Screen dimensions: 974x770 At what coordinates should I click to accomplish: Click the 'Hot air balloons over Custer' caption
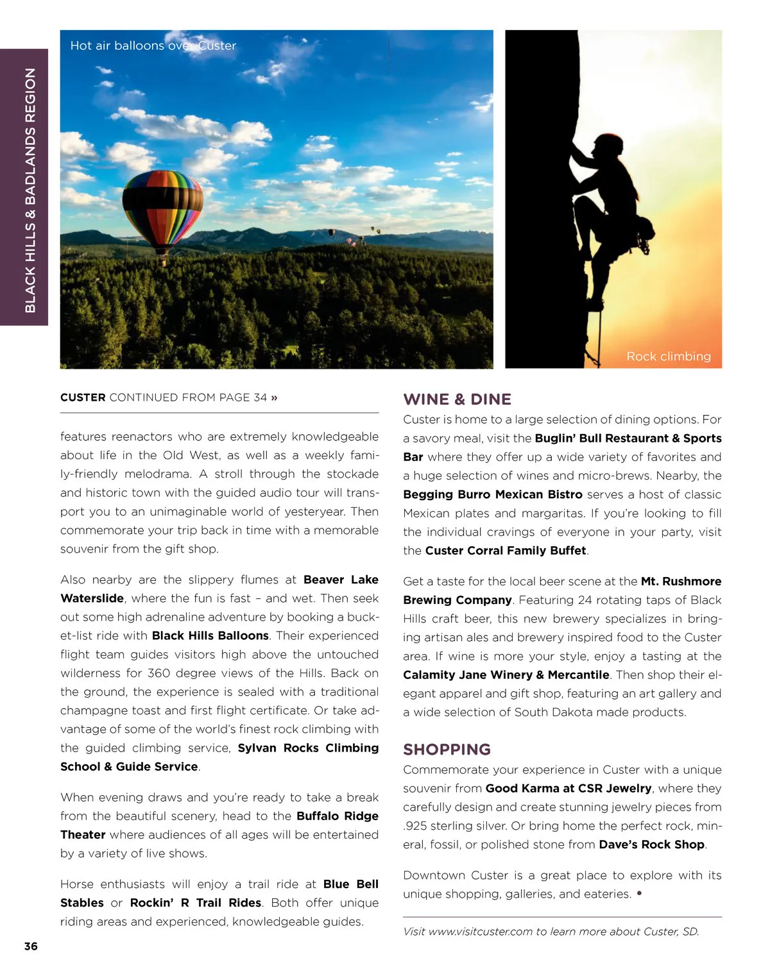[153, 46]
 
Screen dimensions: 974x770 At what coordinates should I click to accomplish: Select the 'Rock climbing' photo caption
[668, 357]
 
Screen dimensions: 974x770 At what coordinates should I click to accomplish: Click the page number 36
[31, 946]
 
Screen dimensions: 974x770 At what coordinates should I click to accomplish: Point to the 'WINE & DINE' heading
[457, 399]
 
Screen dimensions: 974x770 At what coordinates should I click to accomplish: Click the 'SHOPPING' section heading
[447, 750]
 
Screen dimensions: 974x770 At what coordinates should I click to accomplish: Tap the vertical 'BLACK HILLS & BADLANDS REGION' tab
[30, 190]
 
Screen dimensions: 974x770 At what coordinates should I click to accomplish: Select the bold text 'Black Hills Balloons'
[210, 635]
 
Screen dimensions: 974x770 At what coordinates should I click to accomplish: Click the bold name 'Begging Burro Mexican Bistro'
[492, 494]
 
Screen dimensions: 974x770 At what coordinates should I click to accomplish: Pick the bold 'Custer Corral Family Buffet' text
[506, 551]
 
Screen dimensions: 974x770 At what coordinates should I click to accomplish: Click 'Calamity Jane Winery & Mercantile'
[506, 675]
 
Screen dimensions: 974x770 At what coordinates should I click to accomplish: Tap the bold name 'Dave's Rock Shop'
[651, 844]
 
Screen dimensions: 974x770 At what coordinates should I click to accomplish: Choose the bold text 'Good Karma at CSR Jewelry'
[568, 788]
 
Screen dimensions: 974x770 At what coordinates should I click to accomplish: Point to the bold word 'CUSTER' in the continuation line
[83, 398]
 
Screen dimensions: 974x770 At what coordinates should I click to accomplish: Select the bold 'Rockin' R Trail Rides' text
[195, 903]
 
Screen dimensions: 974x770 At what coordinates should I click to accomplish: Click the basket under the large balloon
[164, 260]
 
